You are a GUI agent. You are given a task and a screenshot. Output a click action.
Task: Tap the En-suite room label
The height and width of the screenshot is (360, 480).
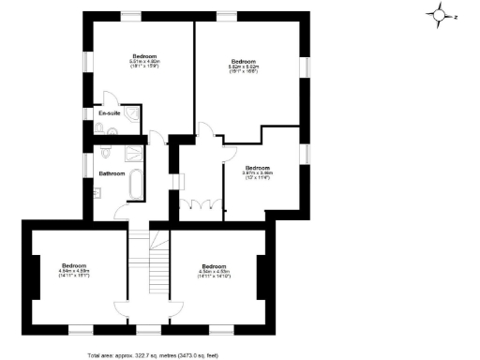point(109,113)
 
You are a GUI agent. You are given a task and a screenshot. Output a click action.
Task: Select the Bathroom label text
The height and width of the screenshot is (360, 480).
point(112,173)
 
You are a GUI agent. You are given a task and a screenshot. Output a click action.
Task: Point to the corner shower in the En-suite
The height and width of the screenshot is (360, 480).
point(136,113)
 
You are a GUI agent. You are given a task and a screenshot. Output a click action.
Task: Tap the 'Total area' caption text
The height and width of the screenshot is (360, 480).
point(153,355)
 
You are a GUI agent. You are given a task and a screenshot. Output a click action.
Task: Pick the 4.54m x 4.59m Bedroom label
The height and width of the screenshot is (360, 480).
point(75,268)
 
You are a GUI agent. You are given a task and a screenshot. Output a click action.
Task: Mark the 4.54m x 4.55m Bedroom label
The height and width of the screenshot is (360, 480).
point(214,270)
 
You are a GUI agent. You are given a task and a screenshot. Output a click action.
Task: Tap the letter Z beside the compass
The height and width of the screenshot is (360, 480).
point(455,16)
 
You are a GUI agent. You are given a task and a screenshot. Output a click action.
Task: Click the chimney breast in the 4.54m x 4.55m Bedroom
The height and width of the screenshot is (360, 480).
point(260,272)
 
